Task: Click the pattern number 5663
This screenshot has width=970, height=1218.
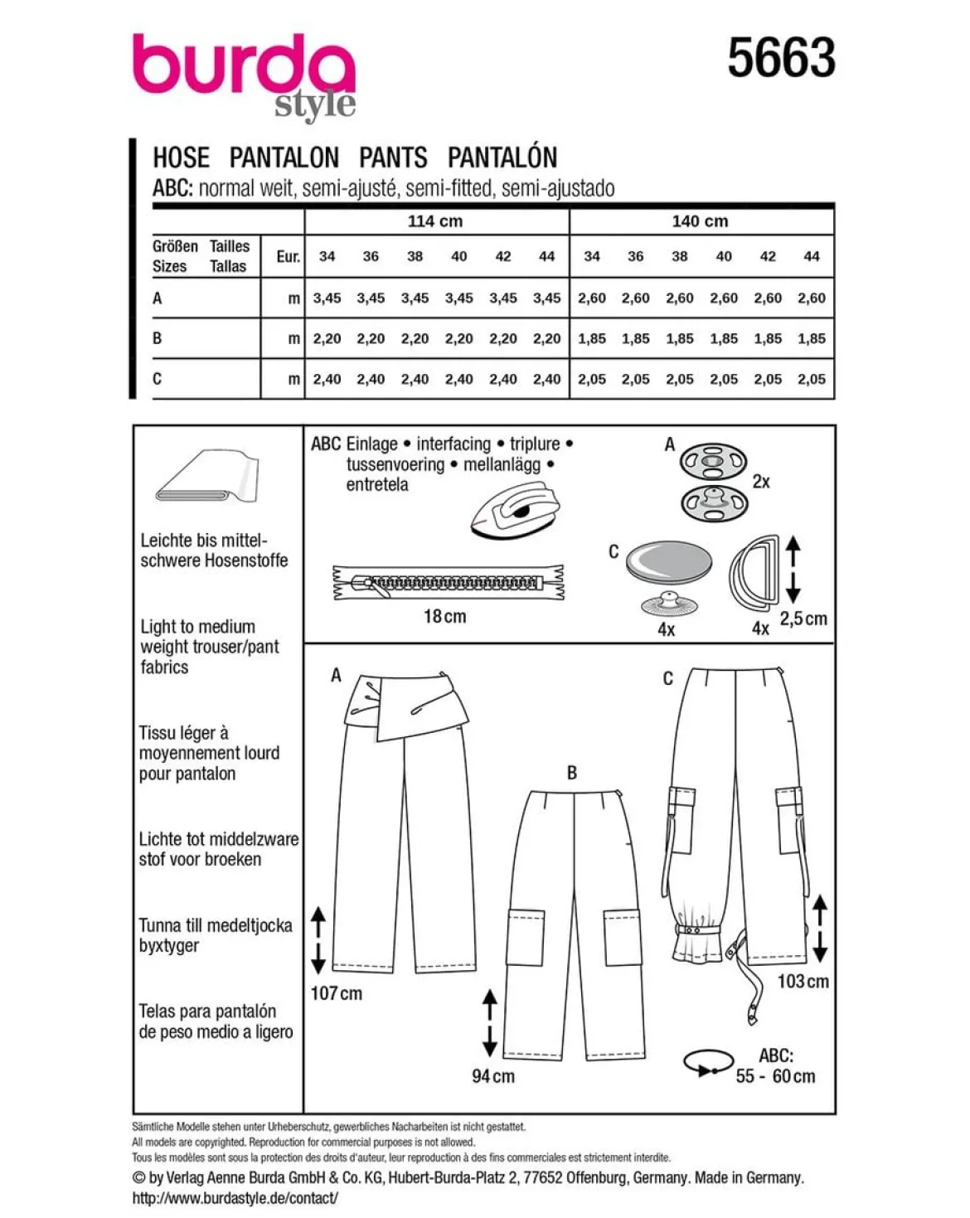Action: (x=781, y=57)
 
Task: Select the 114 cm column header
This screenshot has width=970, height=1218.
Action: (x=435, y=221)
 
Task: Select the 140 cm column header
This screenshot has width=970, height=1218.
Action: (x=700, y=221)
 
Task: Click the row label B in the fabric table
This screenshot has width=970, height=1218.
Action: (x=158, y=338)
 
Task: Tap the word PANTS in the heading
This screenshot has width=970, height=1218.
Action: (x=393, y=158)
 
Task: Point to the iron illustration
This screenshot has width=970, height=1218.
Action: (x=515, y=509)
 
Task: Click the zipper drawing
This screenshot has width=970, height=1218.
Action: (x=449, y=582)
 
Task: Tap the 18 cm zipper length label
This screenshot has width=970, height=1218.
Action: (x=445, y=616)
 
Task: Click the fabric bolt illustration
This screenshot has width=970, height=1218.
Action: (x=207, y=475)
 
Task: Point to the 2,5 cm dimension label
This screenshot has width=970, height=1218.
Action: (x=803, y=619)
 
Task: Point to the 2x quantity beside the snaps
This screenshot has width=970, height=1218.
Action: (x=760, y=482)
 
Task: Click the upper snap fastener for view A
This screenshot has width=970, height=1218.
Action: (x=713, y=461)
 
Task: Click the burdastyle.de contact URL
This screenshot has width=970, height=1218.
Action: (x=235, y=1197)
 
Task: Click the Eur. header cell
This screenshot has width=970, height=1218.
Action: (x=288, y=256)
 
